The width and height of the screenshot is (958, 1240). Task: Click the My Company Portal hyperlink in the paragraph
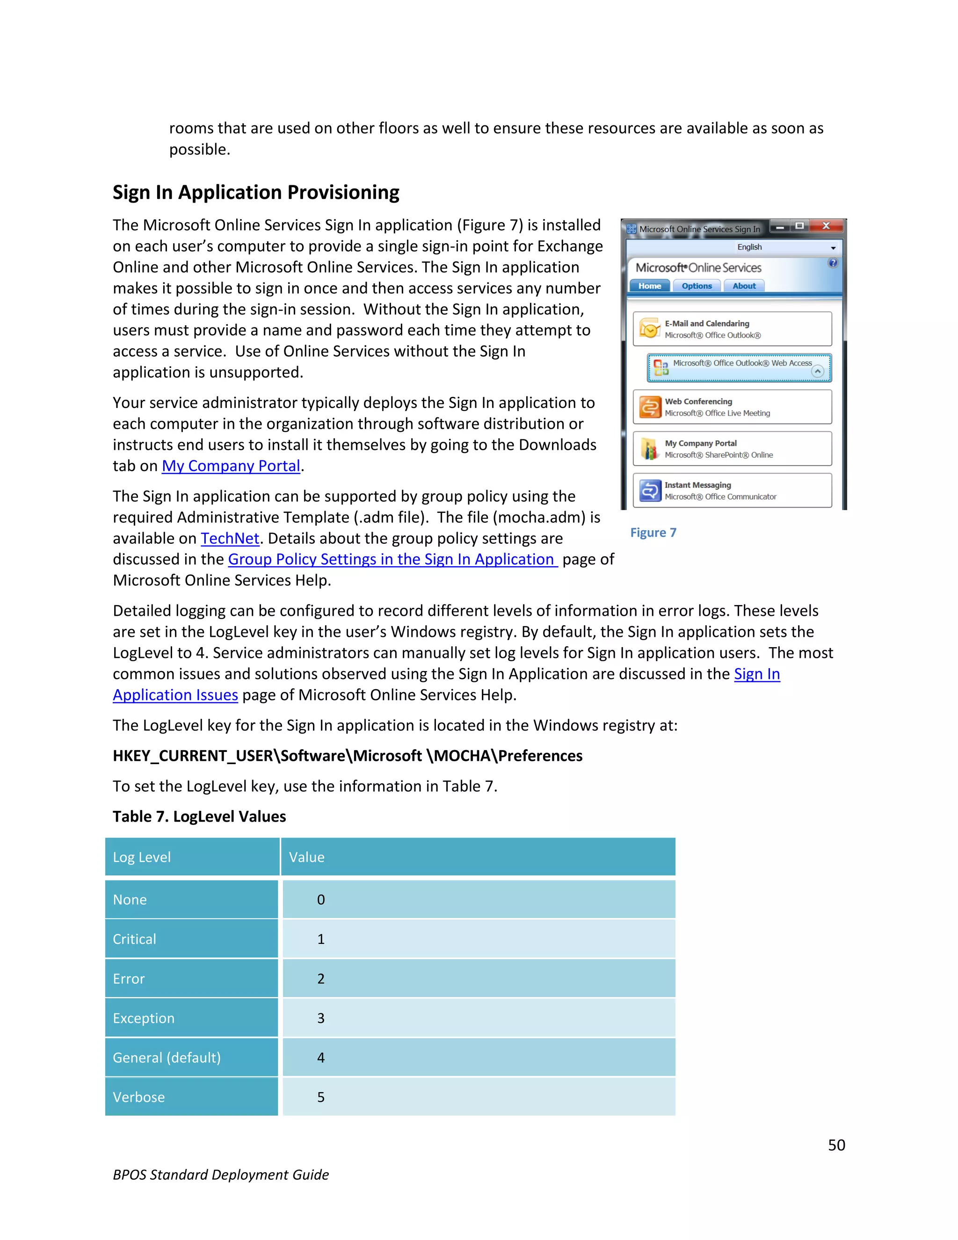[231, 466]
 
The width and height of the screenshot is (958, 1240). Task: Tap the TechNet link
[230, 538]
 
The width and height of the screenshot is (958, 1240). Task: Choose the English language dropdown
[786, 247]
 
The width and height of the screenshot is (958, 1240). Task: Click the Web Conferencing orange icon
[650, 407]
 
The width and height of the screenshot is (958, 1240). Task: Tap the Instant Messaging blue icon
[650, 490]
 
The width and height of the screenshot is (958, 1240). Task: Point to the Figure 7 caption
[653, 532]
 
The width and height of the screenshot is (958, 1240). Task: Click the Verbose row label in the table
[139, 1097]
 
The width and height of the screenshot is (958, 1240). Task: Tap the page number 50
[836, 1145]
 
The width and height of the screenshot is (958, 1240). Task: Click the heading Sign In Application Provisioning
[255, 192]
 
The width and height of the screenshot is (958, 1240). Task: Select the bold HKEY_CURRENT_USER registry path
[348, 756]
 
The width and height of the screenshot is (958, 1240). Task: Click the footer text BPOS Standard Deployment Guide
[221, 1174]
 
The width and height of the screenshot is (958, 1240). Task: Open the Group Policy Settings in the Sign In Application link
[392, 559]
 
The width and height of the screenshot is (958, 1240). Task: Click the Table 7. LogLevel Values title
[199, 817]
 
